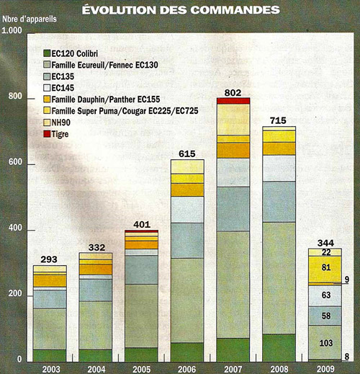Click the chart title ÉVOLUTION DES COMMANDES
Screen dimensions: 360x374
[181, 10]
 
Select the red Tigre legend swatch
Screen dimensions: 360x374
[47, 134]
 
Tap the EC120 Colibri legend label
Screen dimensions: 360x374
[75, 53]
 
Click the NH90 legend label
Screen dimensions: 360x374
[61, 123]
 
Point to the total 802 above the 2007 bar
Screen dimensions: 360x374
[233, 93]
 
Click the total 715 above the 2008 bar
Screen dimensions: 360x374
[278, 120]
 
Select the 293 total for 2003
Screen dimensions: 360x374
[49, 259]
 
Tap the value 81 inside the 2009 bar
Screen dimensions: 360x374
[326, 267]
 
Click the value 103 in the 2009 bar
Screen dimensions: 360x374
[326, 343]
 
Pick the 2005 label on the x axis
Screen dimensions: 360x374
[142, 369]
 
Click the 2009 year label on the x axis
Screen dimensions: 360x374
[325, 369]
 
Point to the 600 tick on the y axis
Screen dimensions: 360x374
[15, 162]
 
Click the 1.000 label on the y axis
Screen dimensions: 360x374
[12, 30]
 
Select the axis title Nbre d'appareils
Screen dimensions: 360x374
[30, 19]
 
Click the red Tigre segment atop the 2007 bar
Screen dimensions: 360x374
[233, 101]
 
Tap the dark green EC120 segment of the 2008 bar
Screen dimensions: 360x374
[279, 348]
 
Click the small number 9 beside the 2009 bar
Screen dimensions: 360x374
[346, 280]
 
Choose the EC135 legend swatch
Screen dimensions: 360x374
[47, 76]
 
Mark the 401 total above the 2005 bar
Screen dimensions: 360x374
[142, 225]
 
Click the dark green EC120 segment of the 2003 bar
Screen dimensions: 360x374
[50, 356]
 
